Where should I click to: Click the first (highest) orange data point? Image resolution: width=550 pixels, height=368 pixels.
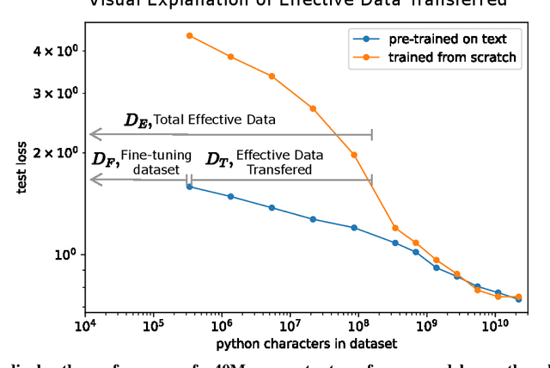tap(189, 36)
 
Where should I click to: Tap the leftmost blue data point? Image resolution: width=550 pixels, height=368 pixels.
tap(189, 187)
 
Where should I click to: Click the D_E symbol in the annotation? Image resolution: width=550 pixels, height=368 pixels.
tap(137, 120)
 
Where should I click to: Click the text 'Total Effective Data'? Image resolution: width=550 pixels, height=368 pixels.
tap(214, 120)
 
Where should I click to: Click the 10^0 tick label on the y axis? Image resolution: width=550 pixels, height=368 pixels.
tap(68, 255)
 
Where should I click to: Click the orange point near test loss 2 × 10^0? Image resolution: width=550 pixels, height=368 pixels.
tap(354, 155)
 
